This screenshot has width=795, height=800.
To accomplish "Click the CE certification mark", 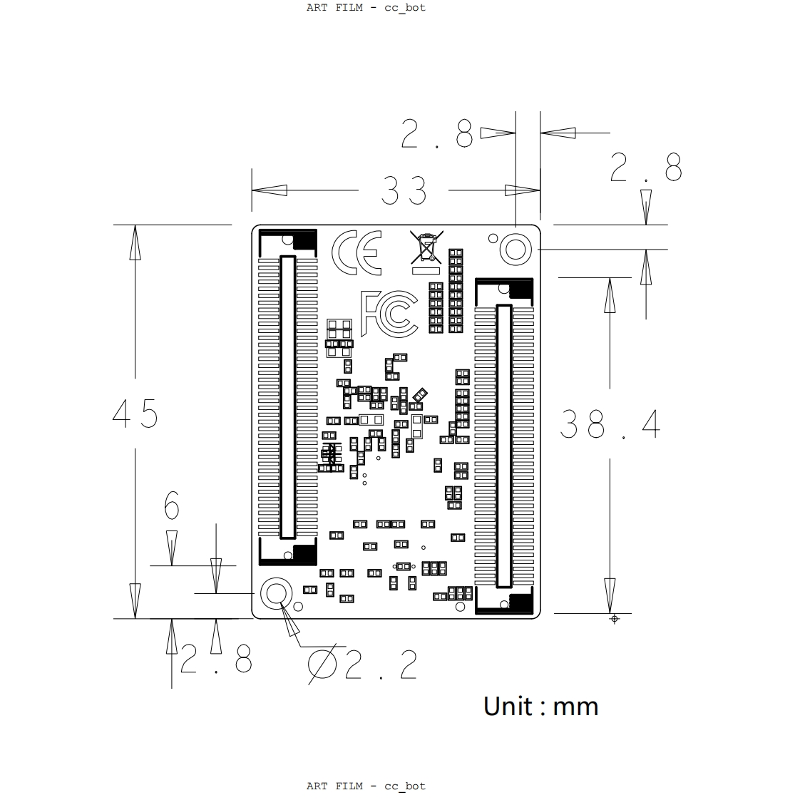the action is pyautogui.click(x=357, y=252).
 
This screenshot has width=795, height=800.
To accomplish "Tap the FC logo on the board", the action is pyautogui.click(x=389, y=314).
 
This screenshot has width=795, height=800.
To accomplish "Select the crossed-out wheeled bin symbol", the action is pyautogui.click(x=426, y=252).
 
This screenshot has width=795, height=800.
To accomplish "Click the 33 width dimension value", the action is pyautogui.click(x=404, y=191).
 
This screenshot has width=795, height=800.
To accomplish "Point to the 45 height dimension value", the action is pyautogui.click(x=135, y=414).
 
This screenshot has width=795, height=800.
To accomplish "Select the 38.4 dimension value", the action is pyautogui.click(x=610, y=424).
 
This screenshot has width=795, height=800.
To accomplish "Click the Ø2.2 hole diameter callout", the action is pyautogui.click(x=363, y=664).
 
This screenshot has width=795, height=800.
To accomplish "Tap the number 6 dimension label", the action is pyautogui.click(x=172, y=505).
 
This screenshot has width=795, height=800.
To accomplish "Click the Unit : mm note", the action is pyautogui.click(x=541, y=707).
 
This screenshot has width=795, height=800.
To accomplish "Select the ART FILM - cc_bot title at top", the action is pyautogui.click(x=366, y=8).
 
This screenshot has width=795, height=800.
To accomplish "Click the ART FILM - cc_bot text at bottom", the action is pyautogui.click(x=366, y=786).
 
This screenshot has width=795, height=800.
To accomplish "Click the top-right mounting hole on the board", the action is pyautogui.click(x=516, y=250).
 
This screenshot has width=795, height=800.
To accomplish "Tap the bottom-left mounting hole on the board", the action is pyautogui.click(x=276, y=593).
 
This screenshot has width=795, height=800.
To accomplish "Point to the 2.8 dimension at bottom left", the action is pyautogui.click(x=216, y=659).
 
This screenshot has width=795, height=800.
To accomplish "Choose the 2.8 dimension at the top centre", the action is pyautogui.click(x=437, y=133).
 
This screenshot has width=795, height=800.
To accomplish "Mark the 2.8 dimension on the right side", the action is pyautogui.click(x=646, y=168).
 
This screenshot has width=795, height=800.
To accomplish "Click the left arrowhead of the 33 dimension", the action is pyautogui.click(x=270, y=190).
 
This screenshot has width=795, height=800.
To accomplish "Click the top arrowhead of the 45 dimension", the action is pyautogui.click(x=135, y=242).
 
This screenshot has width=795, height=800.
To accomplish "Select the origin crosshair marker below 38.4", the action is pyautogui.click(x=615, y=619).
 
